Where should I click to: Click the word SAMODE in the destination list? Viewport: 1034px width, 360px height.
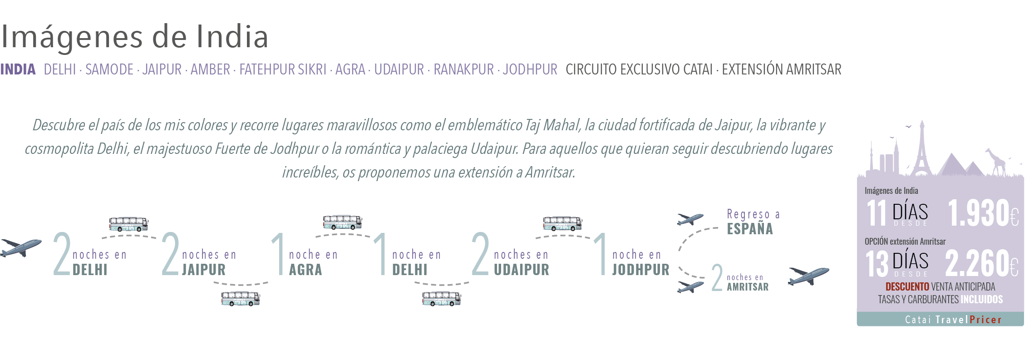[109, 69]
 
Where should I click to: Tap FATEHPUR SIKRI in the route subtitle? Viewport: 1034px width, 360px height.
[283, 69]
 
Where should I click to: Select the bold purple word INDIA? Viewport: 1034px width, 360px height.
[18, 69]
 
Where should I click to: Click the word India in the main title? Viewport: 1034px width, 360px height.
[232, 37]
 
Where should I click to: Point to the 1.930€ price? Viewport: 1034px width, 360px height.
[983, 213]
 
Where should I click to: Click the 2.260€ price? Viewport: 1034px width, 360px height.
[981, 263]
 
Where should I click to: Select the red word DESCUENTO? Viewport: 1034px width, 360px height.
[907, 287]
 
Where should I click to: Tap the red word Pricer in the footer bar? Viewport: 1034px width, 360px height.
[985, 320]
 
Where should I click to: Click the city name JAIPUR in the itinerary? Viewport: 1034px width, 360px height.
[204, 270]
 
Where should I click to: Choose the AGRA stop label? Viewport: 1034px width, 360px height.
[305, 270]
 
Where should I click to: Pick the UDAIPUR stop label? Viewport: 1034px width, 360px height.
[522, 270]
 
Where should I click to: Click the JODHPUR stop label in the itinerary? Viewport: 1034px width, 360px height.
[640, 270]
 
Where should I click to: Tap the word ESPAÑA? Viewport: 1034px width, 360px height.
[750, 229]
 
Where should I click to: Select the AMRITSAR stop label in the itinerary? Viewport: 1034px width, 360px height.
[748, 287]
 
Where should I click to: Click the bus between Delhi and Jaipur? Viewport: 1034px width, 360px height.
[128, 223]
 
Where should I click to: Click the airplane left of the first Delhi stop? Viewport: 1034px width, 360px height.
[20, 247]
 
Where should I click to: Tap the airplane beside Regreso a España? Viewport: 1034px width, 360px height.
[690, 219]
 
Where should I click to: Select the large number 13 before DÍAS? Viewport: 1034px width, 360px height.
[876, 264]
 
